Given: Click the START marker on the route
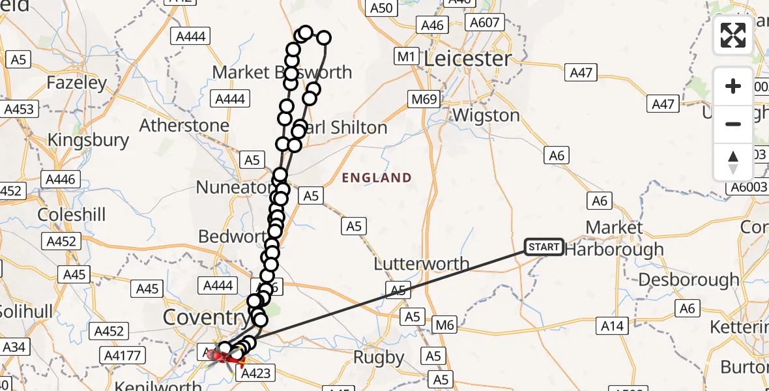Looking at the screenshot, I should click(544, 247).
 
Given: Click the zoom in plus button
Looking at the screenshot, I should click(733, 86).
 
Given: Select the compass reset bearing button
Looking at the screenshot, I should click(733, 162).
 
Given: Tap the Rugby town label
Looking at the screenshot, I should click(379, 358).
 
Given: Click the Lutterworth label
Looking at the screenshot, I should click(421, 264).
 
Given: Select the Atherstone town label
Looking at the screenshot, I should click(184, 125).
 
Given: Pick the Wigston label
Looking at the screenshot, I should click(486, 116).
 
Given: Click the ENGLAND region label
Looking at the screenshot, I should click(377, 178).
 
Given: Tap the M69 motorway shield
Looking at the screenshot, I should click(424, 99).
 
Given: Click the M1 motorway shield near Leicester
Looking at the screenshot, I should click(406, 57).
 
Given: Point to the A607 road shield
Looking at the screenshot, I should click(484, 23).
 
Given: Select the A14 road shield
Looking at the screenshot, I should click(612, 326).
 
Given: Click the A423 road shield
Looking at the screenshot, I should click(257, 373).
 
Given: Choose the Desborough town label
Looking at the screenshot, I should click(689, 280).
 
